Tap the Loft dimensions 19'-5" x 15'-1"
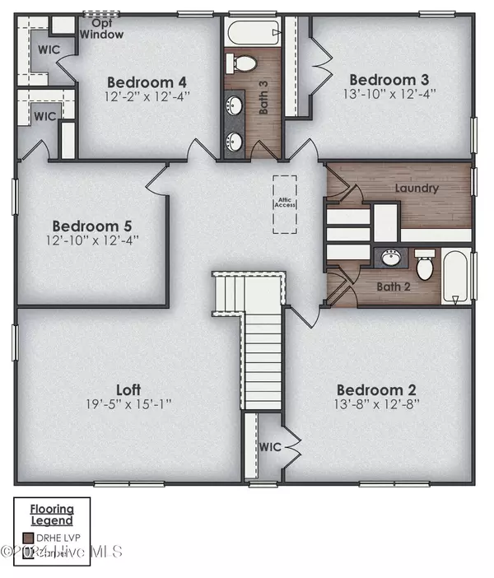[128, 404]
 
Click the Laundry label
[417, 189]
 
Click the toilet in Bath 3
[243, 63]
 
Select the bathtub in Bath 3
[243, 34]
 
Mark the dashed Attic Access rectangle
[286, 203]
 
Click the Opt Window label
[102, 30]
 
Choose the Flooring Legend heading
[52, 515]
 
